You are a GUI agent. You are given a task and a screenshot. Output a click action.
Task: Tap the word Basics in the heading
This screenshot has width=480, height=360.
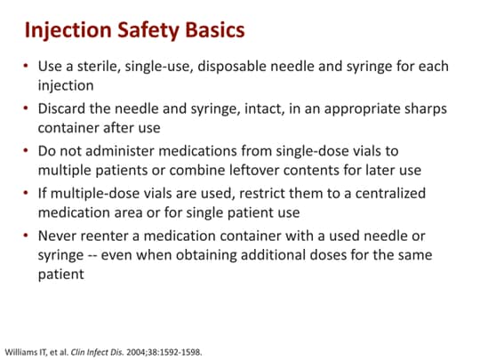pyautogui.click(x=213, y=32)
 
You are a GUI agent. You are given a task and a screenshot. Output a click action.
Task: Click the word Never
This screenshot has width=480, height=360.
pyautogui.click(x=57, y=234)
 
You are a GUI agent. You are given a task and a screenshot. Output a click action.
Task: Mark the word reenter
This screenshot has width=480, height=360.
pyautogui.click(x=107, y=234)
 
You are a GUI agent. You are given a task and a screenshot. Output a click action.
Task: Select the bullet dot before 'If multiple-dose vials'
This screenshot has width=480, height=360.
pyautogui.click(x=27, y=193)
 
